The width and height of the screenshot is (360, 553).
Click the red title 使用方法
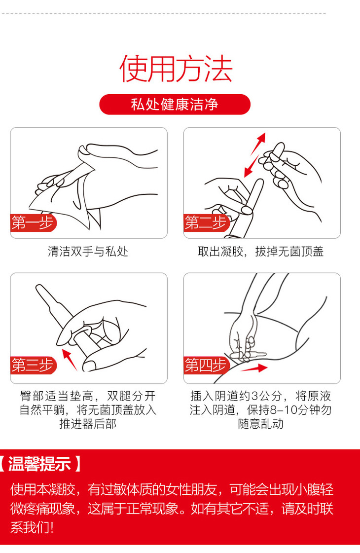[x=176, y=69]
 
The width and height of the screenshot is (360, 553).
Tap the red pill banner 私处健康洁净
[x=175, y=105]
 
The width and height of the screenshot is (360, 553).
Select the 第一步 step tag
[x=33, y=223]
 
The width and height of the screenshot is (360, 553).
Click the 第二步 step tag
[x=206, y=223]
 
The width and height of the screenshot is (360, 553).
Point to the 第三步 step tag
[x=33, y=365]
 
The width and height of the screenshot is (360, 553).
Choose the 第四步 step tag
[x=206, y=365]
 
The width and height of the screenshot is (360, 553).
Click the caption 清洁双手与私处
[x=88, y=252]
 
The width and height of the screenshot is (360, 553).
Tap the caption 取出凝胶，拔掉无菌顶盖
[x=260, y=252]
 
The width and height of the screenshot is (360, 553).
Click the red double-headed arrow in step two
[x=254, y=155]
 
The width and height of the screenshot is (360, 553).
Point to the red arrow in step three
[x=70, y=360]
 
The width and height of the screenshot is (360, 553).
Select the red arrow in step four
[x=254, y=369]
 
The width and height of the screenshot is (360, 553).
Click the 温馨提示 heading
[x=39, y=464]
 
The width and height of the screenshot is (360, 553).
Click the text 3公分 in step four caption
[x=270, y=396]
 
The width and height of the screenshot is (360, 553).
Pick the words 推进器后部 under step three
[x=88, y=424]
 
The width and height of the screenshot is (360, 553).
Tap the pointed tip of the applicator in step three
[x=38, y=287]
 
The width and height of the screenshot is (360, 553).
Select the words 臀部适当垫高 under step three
[x=56, y=396]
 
